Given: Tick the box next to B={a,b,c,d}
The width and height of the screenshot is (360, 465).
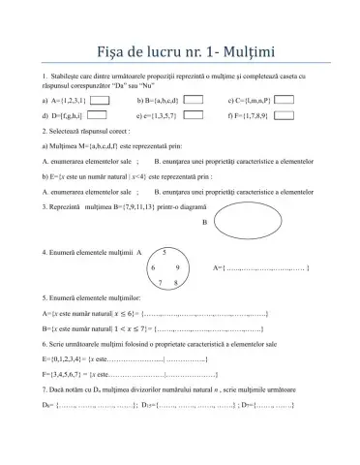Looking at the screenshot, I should [193, 100].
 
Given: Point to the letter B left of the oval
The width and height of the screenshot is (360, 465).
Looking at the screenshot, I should [204, 222].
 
